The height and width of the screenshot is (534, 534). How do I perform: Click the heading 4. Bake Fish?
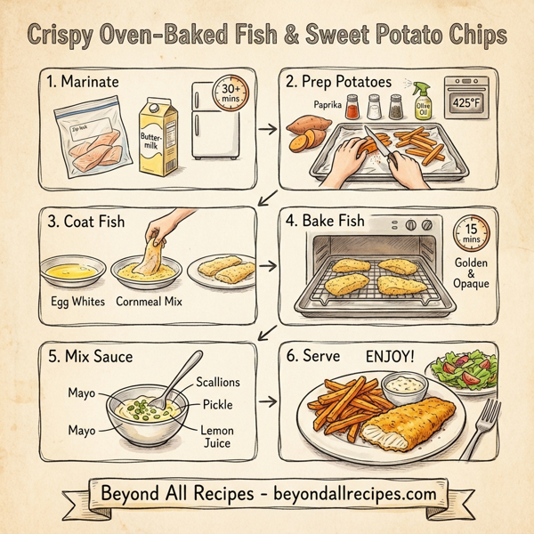pyautogui.click(x=335, y=219)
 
